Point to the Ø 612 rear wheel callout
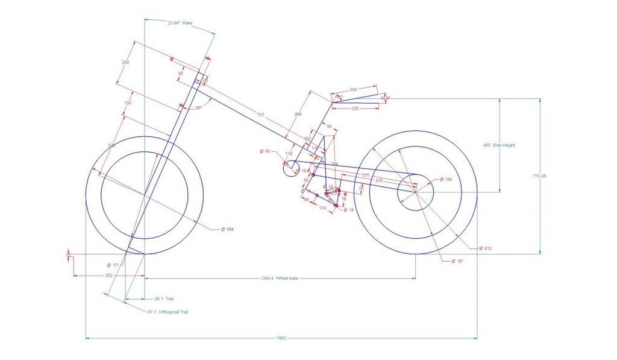(x=486, y=248)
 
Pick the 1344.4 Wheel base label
(x=280, y=279)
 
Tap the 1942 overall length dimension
(x=282, y=338)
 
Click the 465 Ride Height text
(x=499, y=145)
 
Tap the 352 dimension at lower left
(x=108, y=275)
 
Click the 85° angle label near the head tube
(x=198, y=108)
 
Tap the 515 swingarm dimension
(x=365, y=174)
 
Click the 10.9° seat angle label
(x=385, y=98)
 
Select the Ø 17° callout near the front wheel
(x=113, y=265)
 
